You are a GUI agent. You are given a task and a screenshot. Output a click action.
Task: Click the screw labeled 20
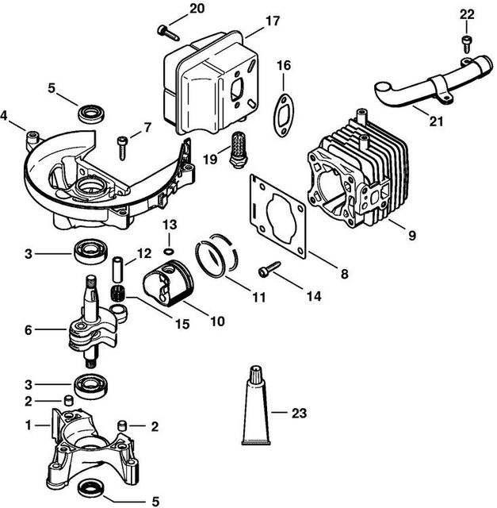tap(166, 30)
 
